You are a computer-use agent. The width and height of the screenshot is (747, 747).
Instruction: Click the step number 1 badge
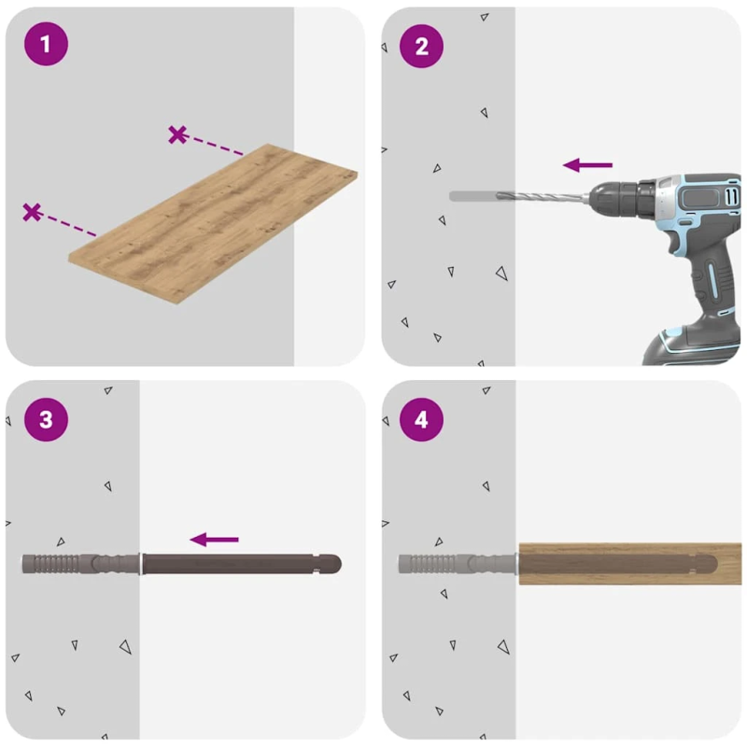[x=45, y=44]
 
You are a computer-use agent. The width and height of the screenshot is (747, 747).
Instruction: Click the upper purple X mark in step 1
[x=177, y=134]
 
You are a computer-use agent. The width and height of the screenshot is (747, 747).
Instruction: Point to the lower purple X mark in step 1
[x=32, y=212]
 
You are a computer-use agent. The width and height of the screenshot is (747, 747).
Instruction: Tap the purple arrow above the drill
[x=588, y=165]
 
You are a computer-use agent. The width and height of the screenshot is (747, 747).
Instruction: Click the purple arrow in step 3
[x=215, y=539]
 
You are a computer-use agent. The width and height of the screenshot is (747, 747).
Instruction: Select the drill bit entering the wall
[x=523, y=196]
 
